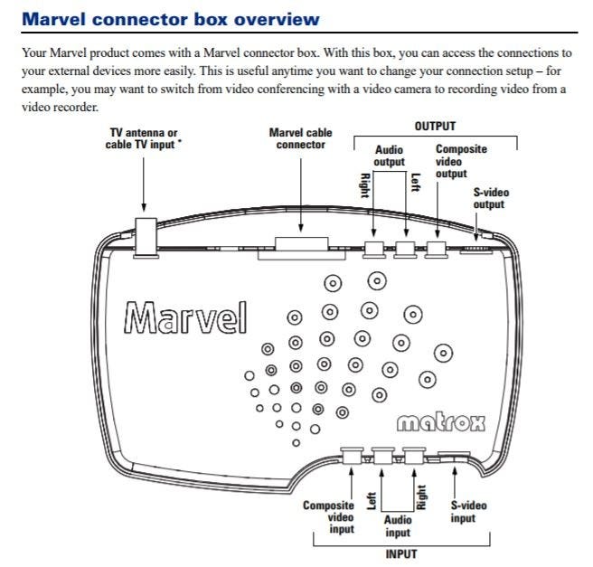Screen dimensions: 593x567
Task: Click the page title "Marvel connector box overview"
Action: tap(171, 19)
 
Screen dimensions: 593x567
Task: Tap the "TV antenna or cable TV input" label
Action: tap(143, 138)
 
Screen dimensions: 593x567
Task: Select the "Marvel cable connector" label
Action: tap(301, 138)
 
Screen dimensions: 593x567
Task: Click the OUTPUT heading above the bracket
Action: tap(435, 126)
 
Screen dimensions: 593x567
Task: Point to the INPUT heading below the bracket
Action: tap(401, 554)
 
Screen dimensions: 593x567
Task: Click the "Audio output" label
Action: tap(389, 156)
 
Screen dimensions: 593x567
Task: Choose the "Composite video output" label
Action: tap(461, 161)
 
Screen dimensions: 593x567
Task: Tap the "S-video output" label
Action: tap(491, 198)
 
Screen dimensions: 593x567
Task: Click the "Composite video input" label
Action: tap(329, 517)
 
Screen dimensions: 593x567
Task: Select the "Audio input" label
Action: tap(398, 526)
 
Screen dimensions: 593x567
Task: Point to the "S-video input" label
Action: tap(468, 512)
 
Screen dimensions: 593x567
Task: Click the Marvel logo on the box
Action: tap(185, 317)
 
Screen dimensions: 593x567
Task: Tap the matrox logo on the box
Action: tap(441, 423)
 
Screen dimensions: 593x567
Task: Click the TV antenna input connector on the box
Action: tap(146, 238)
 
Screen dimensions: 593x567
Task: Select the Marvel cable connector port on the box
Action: tap(301, 248)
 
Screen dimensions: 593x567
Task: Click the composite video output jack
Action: tap(437, 250)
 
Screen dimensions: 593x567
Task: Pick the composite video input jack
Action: tap(352, 456)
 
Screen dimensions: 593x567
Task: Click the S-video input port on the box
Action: tap(453, 457)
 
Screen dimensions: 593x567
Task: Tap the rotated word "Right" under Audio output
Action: tap(364, 185)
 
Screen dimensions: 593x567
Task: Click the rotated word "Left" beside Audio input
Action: tap(372, 501)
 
